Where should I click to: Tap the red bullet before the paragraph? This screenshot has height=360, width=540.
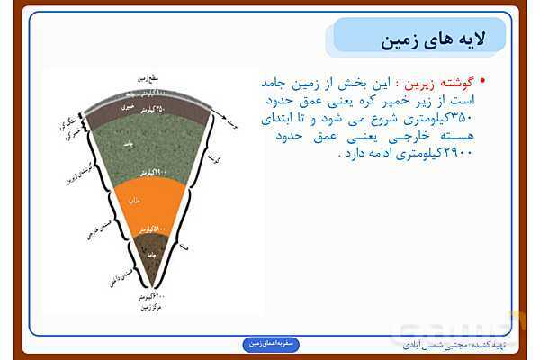click(482, 81)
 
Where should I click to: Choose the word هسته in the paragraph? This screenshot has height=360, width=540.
click(455, 136)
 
